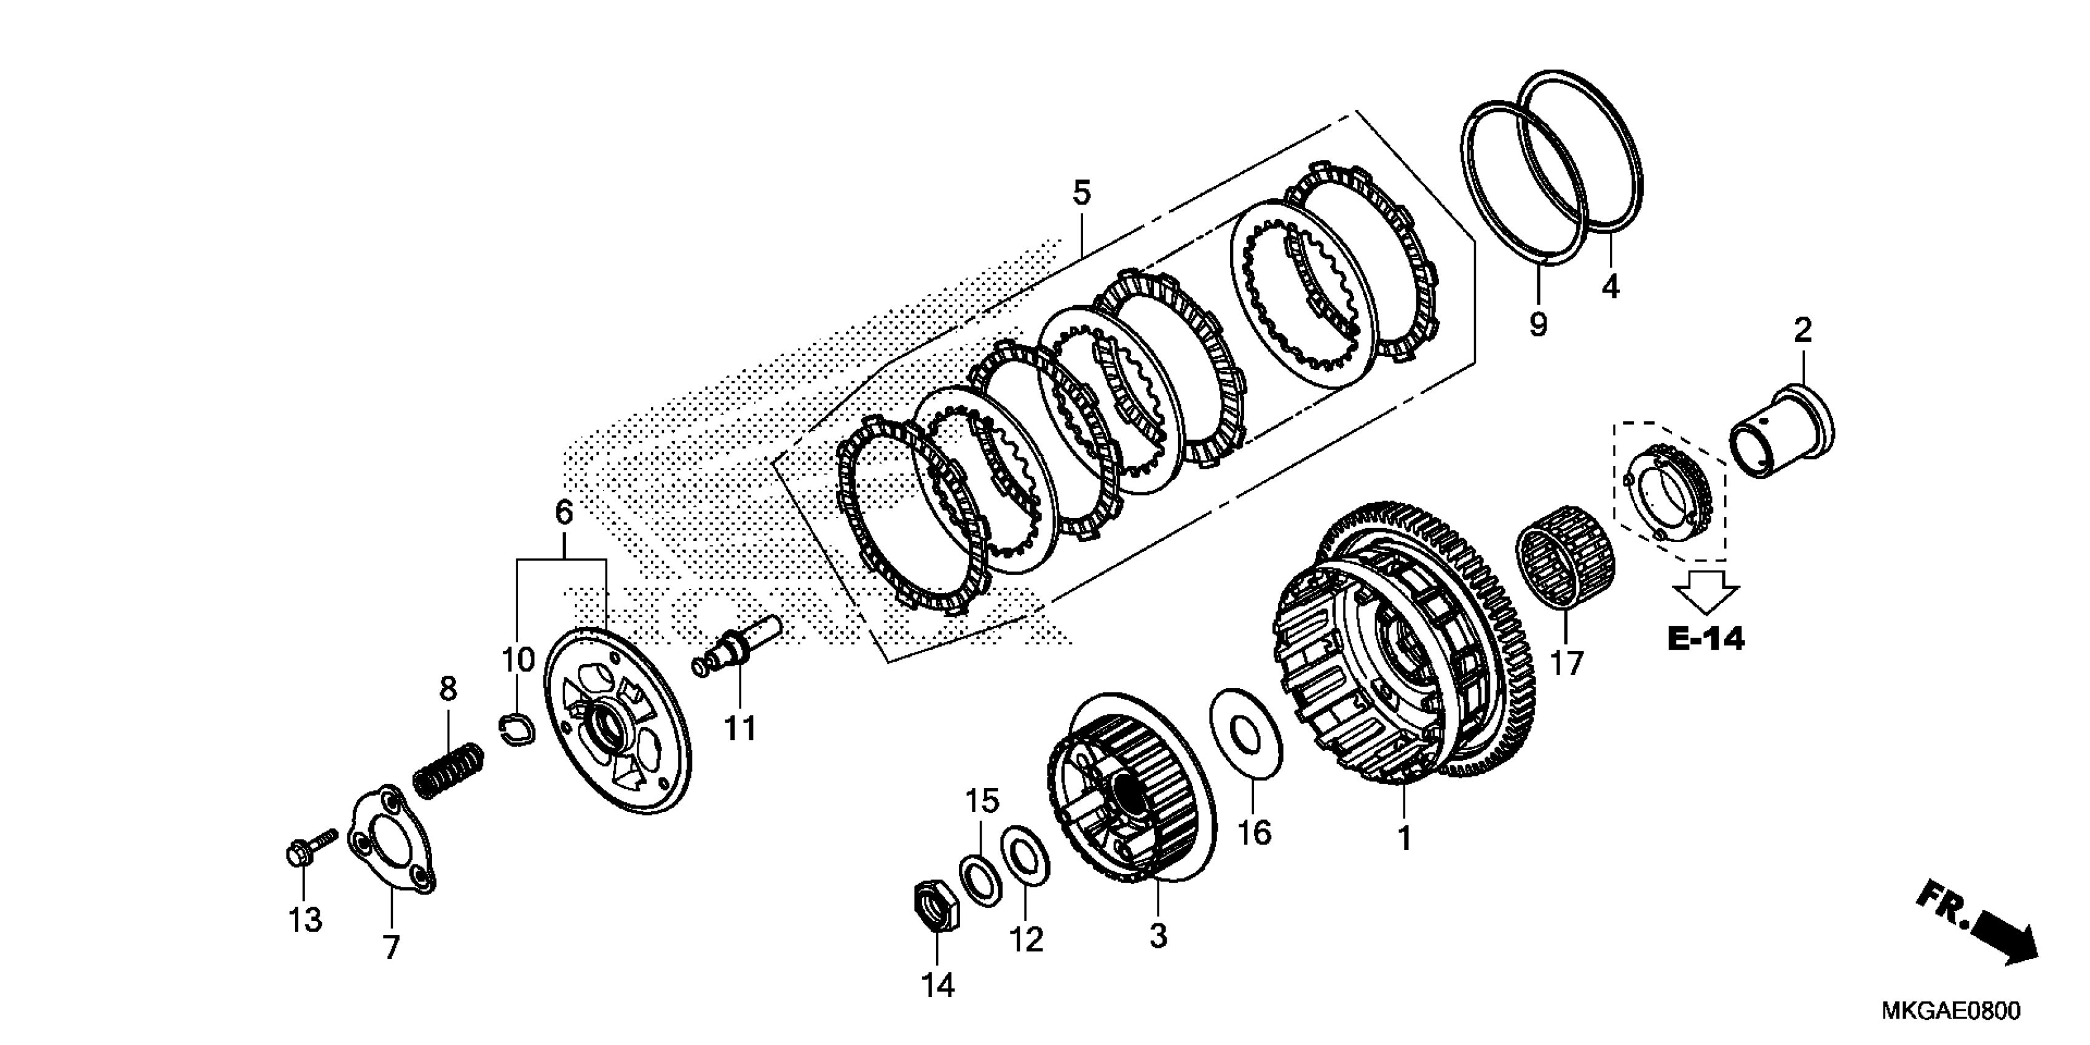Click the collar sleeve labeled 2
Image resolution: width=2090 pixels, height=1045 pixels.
click(1781, 436)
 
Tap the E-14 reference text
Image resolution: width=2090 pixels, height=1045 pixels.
click(1705, 639)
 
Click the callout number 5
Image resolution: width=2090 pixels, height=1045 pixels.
click(1081, 193)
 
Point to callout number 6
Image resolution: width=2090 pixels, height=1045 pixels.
click(564, 512)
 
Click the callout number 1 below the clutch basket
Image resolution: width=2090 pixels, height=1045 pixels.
click(1405, 838)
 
